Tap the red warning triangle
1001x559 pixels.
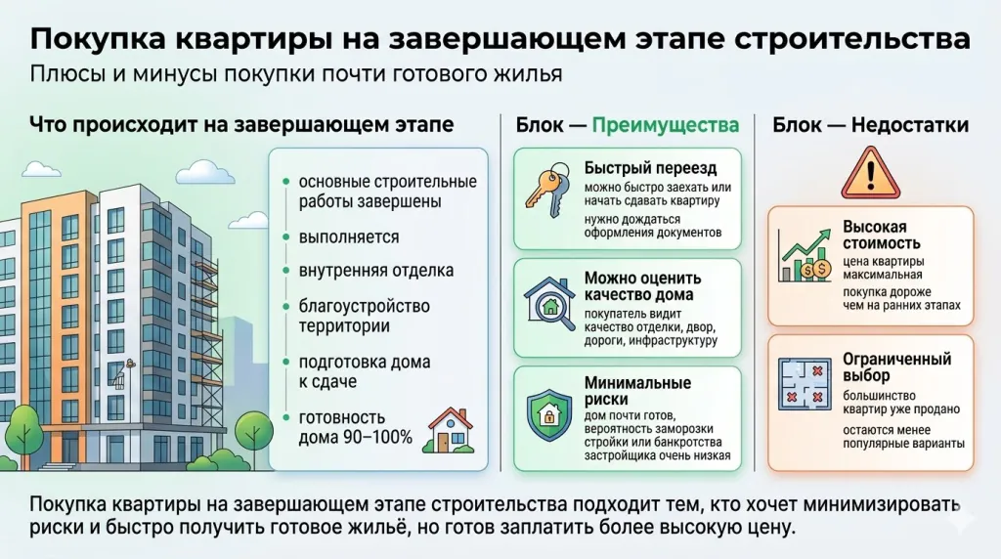(x=869, y=173)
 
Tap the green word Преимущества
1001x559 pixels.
(x=665, y=125)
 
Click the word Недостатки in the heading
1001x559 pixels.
(x=910, y=125)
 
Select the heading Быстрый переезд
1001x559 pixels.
(x=650, y=168)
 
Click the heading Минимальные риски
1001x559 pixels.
(x=637, y=391)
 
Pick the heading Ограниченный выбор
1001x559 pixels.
(x=896, y=367)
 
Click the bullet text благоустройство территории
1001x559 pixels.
(x=364, y=316)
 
